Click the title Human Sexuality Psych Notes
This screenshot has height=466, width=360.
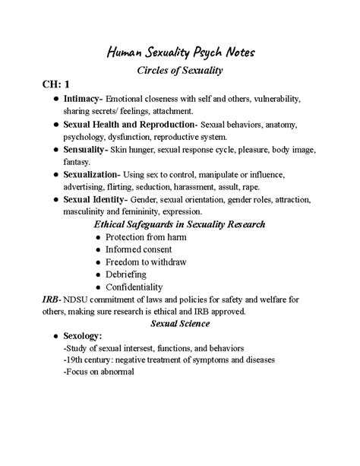pyautogui.click(x=180, y=52)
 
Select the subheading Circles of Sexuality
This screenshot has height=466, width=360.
pyautogui.click(x=180, y=71)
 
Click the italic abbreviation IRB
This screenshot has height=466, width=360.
pyautogui.click(x=30, y=300)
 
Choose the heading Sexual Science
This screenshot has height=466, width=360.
pyautogui.click(x=180, y=323)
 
